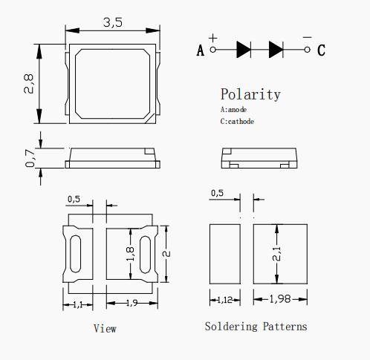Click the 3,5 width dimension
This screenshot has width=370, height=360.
pyautogui.click(x=113, y=22)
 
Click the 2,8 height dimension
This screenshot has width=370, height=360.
pyautogui.click(x=29, y=84)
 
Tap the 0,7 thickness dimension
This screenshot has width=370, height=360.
pyautogui.click(x=30, y=158)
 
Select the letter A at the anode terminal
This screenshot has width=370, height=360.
pyautogui.click(x=201, y=50)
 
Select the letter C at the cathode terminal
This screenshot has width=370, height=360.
pyautogui.click(x=321, y=50)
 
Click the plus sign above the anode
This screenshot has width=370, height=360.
pyautogui.click(x=213, y=38)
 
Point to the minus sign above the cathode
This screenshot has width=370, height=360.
pyautogui.click(x=307, y=37)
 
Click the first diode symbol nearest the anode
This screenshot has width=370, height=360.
pyautogui.click(x=244, y=50)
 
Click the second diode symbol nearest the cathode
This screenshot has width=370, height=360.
pyautogui.click(x=276, y=50)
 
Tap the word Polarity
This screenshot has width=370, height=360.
pyautogui.click(x=250, y=94)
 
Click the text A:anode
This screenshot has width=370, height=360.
pyautogui.click(x=233, y=109)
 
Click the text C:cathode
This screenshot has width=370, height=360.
pyautogui.click(x=237, y=121)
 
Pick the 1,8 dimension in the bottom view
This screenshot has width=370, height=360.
pyautogui.click(x=130, y=254)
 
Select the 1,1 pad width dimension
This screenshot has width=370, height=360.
pyautogui.click(x=78, y=304)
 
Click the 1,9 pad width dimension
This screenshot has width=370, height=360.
pyautogui.click(x=132, y=303)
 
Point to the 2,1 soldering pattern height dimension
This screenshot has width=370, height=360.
pyautogui.click(x=276, y=254)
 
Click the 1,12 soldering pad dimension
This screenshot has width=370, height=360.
pyautogui.click(x=225, y=300)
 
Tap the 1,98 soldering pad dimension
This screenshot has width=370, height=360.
pyautogui.click(x=280, y=299)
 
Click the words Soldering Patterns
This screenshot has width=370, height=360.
pyautogui.click(x=256, y=327)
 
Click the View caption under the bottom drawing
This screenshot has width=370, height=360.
pyautogui.click(x=105, y=329)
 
